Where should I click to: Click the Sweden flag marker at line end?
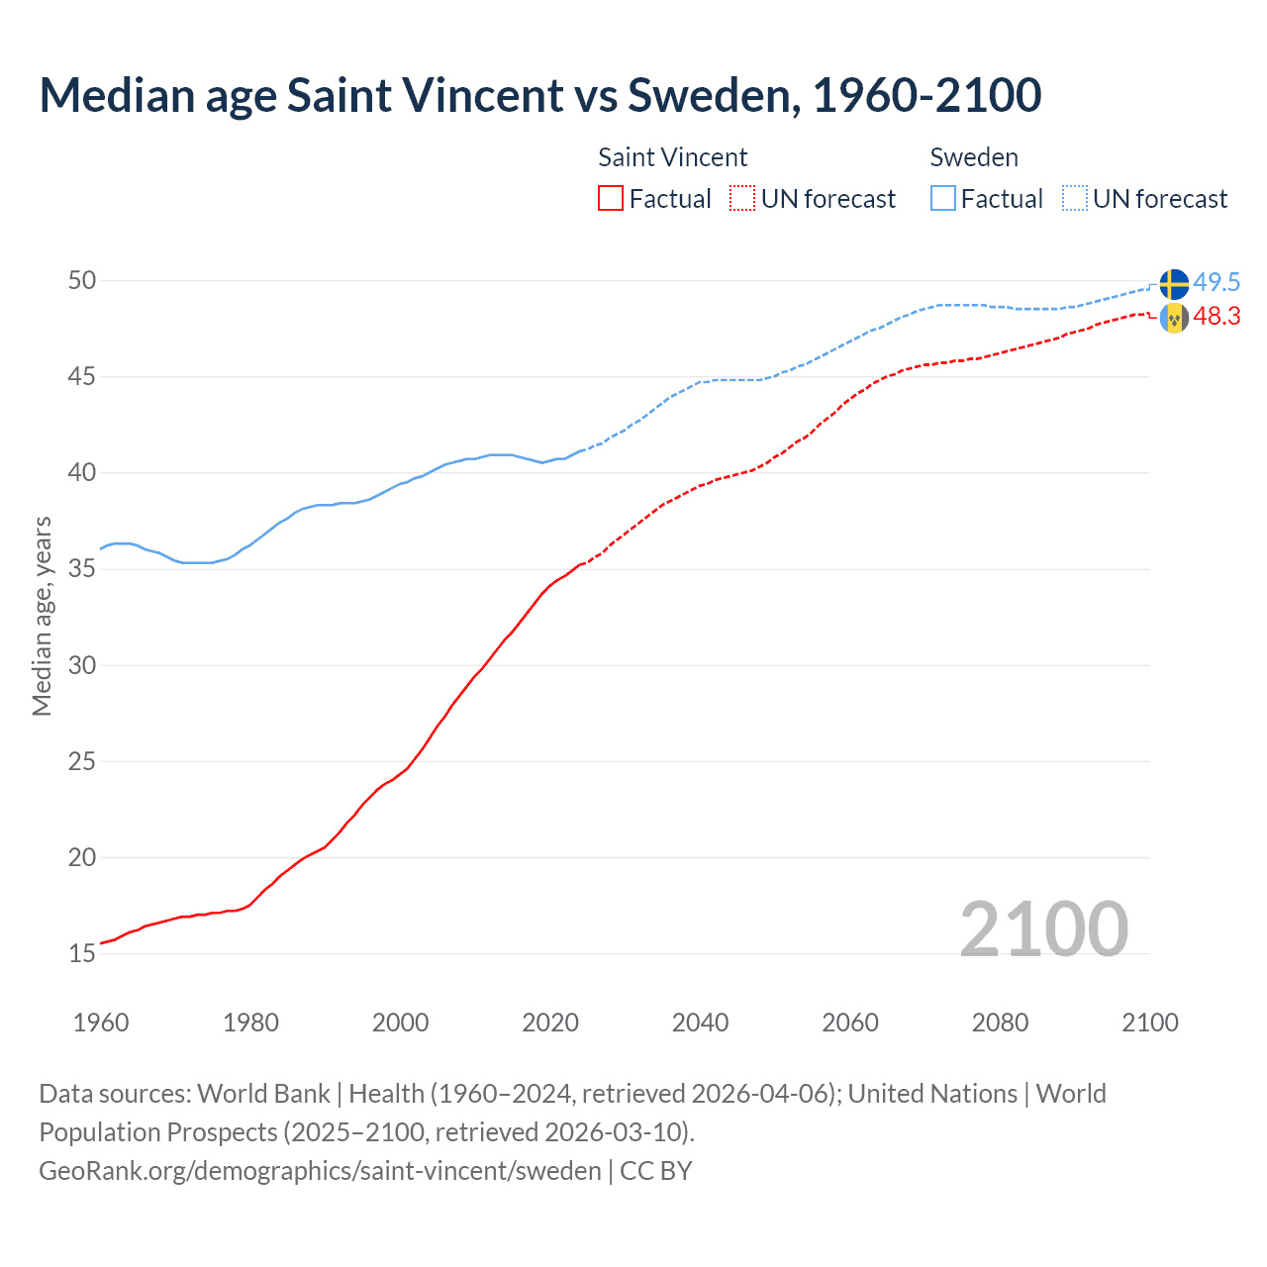coord(1174,284)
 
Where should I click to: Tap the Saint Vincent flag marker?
coord(1174,318)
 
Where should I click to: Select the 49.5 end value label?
coord(1217,282)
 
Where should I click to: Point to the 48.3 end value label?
coord(1217,317)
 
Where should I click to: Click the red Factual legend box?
coord(611,199)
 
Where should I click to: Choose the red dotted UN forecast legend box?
coord(742,199)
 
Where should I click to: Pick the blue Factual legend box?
coord(943,199)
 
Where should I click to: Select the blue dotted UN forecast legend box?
coord(1075,199)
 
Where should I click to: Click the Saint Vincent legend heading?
coord(672,157)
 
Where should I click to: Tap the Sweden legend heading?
coord(974,157)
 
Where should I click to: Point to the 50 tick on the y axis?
coord(82,281)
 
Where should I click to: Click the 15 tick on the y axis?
coord(82,954)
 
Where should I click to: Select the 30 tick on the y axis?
coord(82,665)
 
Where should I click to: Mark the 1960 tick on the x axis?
coord(101,1023)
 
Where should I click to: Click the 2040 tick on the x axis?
coord(700,1023)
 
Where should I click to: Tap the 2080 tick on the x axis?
coord(1000,1023)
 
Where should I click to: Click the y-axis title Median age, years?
coord(42,616)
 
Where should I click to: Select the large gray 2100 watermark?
coord(1043,928)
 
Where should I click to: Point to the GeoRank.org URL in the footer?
coord(320,1171)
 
